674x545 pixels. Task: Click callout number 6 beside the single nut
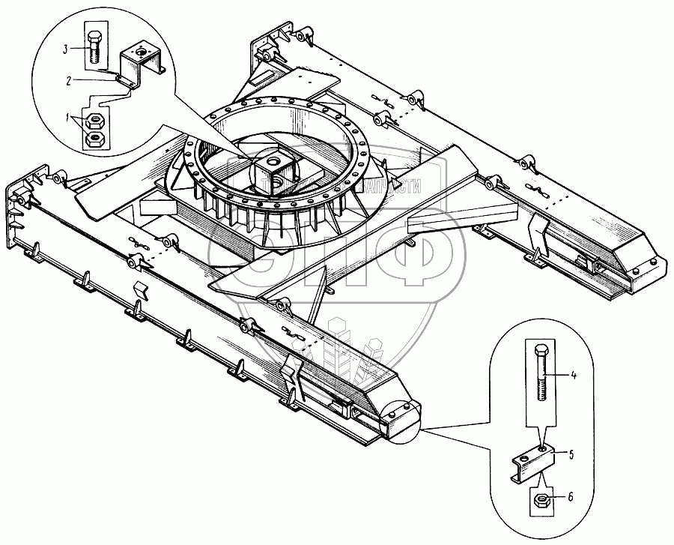point(571,497)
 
